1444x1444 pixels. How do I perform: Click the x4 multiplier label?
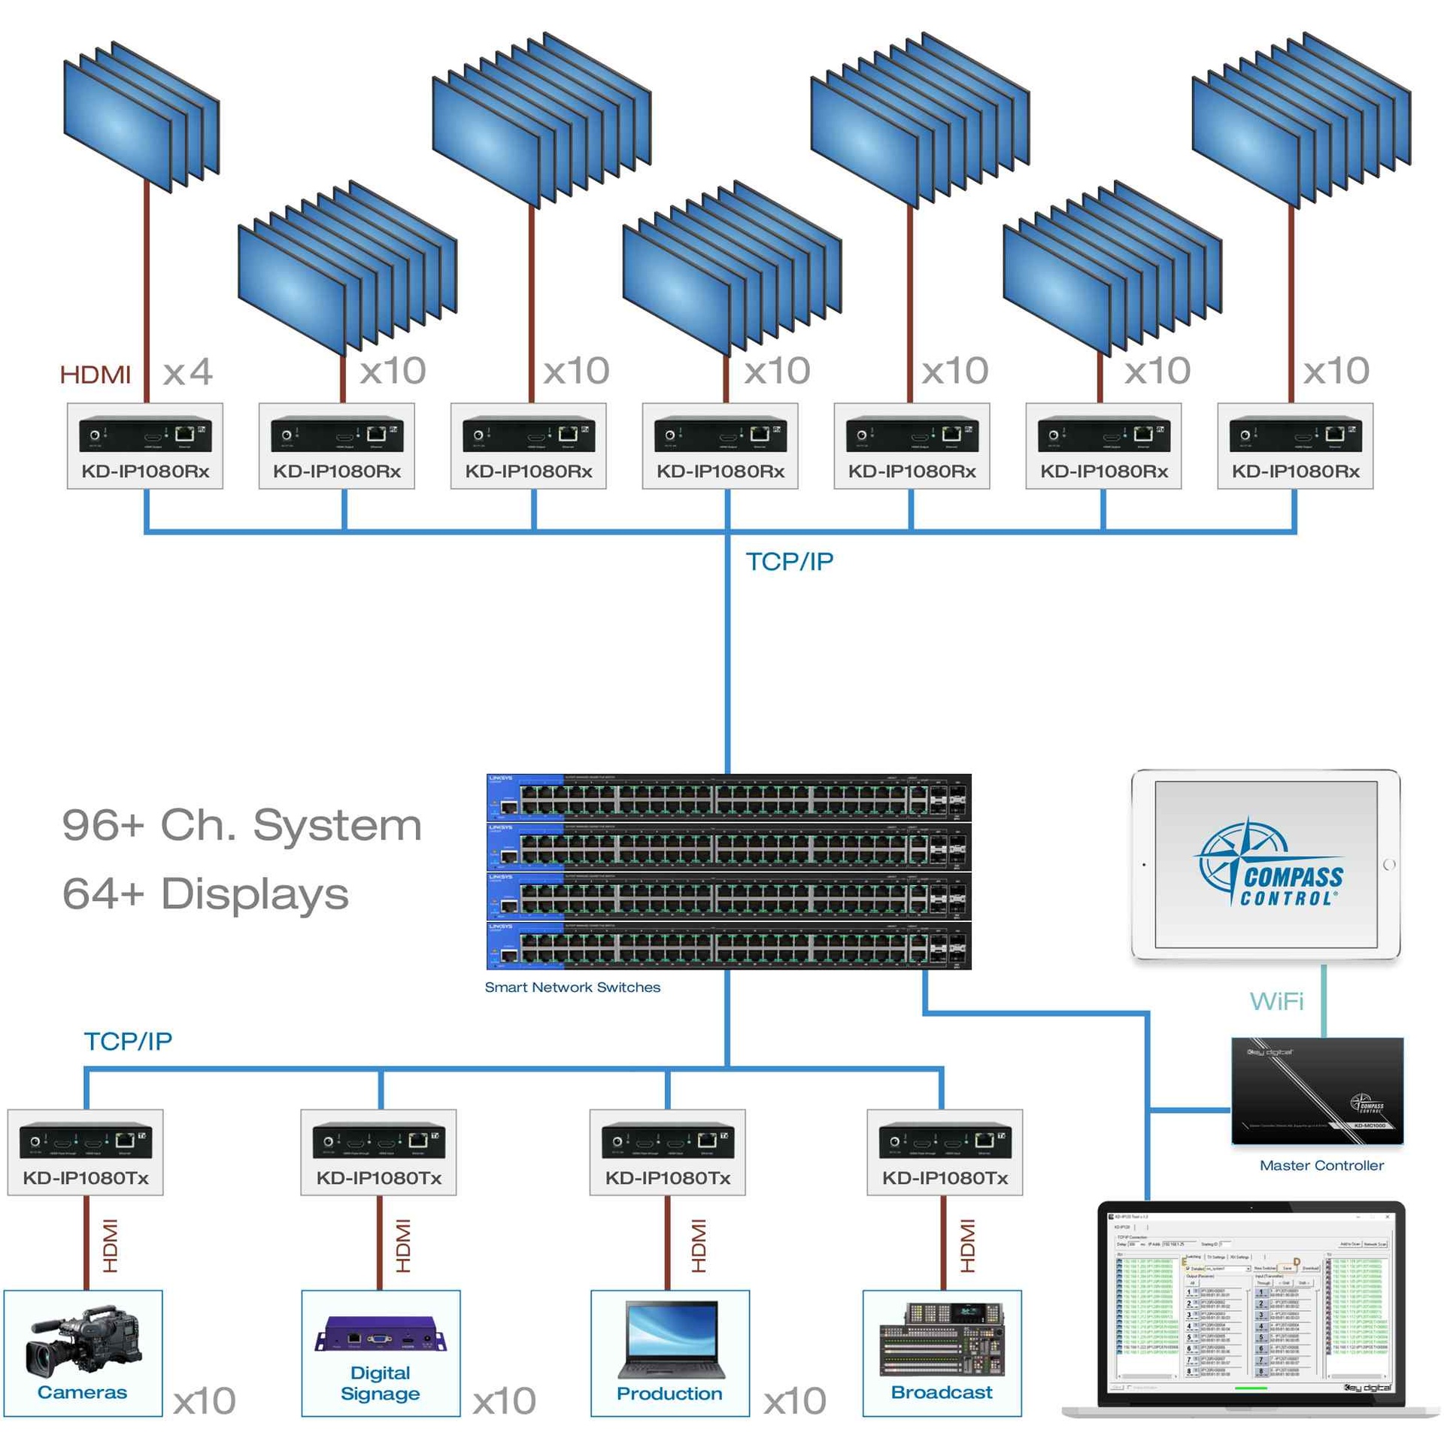click(x=187, y=372)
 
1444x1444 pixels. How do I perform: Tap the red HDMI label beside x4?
click(x=95, y=374)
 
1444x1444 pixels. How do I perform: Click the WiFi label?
click(x=1276, y=1001)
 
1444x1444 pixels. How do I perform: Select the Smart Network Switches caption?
click(x=572, y=987)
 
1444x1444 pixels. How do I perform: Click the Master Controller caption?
click(x=1321, y=1165)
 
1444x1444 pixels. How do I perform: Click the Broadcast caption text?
click(x=942, y=1392)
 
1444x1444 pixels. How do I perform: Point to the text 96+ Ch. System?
click(x=241, y=825)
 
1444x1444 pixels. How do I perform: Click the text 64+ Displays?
click(x=205, y=893)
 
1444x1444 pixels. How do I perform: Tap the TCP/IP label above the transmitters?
click(x=128, y=1041)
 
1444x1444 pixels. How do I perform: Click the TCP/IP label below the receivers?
click(x=790, y=561)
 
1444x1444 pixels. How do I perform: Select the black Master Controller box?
click(x=1317, y=1091)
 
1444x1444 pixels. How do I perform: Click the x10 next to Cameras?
click(x=205, y=1401)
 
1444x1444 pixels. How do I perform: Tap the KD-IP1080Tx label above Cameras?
click(x=86, y=1178)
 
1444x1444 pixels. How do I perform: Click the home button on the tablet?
click(x=1389, y=864)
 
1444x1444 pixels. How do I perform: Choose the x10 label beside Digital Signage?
click(x=505, y=1401)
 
